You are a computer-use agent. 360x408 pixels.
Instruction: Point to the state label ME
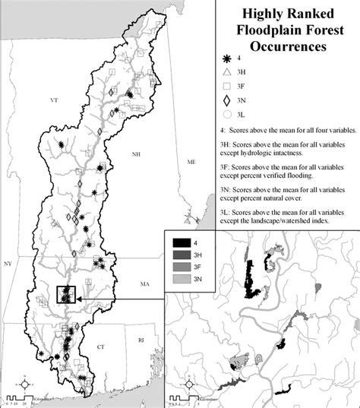point(191,163)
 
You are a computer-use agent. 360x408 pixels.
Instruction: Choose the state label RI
point(141,342)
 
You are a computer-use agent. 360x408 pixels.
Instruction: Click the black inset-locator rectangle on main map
point(67,294)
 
